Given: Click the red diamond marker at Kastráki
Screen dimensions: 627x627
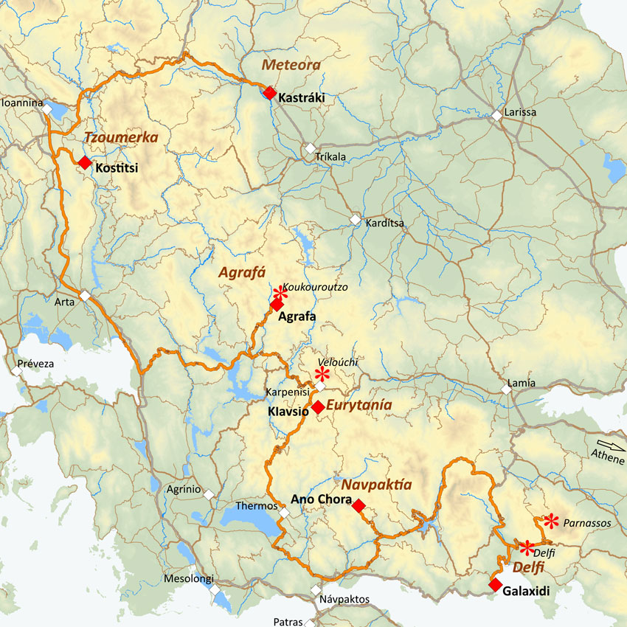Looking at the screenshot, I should [x=270, y=93].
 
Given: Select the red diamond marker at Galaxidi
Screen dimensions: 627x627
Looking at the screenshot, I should [x=495, y=585].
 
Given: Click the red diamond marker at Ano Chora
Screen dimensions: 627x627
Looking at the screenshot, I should [x=358, y=505].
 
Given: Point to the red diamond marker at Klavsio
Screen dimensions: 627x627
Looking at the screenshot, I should [x=317, y=407].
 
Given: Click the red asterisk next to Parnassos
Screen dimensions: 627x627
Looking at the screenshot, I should [x=551, y=522].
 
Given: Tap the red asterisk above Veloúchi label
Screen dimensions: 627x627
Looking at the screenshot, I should [x=322, y=374].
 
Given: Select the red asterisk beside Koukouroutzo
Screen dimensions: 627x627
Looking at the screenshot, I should [x=280, y=293].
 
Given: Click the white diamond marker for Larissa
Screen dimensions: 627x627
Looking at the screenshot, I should [x=497, y=116].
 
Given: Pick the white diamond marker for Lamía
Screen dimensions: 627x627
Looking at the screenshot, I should [x=506, y=388].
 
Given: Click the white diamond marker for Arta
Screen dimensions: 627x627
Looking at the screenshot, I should [x=85, y=296].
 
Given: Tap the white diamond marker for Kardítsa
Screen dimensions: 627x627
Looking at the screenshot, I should [x=356, y=220].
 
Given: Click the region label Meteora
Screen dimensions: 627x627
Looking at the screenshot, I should [x=291, y=65].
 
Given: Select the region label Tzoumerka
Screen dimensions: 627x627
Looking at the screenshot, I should [x=121, y=137].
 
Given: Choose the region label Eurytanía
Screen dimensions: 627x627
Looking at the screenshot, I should [x=358, y=406].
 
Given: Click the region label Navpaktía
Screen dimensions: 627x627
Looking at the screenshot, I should [x=376, y=485].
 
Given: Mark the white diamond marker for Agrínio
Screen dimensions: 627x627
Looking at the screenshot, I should [x=209, y=494].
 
